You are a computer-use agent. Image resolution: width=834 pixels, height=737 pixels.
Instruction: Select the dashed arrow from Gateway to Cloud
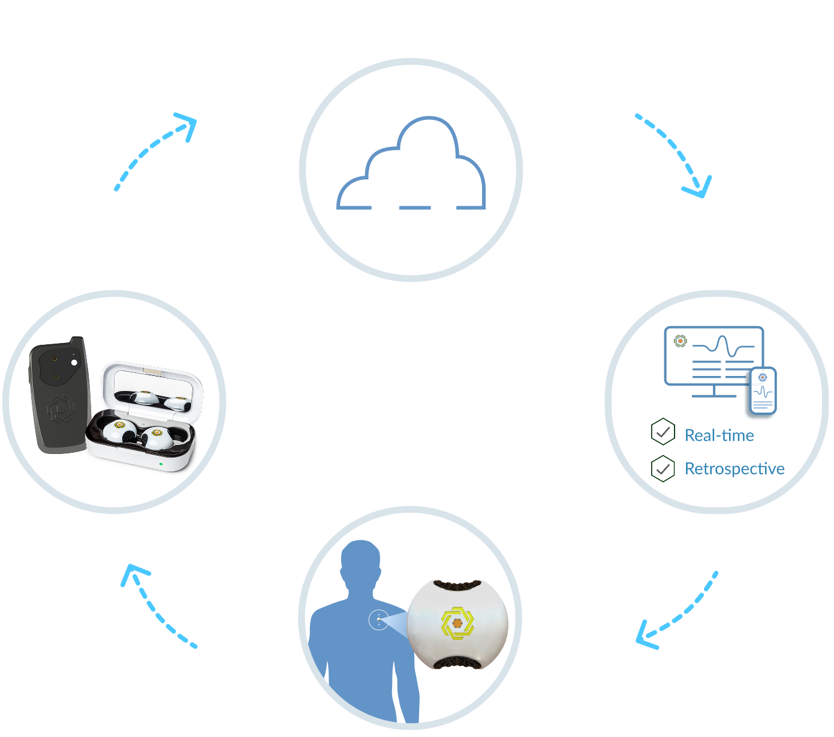tap(156, 149)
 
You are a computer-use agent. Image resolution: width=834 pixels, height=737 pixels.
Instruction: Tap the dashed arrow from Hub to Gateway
tap(155, 606)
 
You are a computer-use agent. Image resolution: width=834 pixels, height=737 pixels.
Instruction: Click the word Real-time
tap(719, 435)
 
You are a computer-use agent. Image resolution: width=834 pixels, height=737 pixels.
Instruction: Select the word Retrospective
tap(734, 468)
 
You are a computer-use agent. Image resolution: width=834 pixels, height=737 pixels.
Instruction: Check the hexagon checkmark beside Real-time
tap(663, 432)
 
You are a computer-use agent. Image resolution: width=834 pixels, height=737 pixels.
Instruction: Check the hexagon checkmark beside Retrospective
tap(663, 468)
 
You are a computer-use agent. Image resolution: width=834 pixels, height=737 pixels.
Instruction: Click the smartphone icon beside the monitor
tap(763, 391)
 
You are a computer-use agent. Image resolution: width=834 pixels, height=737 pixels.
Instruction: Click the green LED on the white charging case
tap(161, 464)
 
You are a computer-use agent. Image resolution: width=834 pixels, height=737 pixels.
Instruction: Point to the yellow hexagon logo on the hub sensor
tap(457, 623)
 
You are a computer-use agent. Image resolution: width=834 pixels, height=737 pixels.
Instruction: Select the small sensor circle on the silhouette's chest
tap(378, 620)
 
